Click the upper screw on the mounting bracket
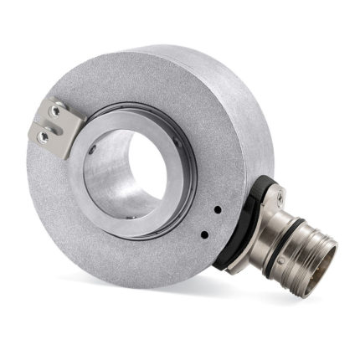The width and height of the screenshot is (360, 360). coord(54,111)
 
